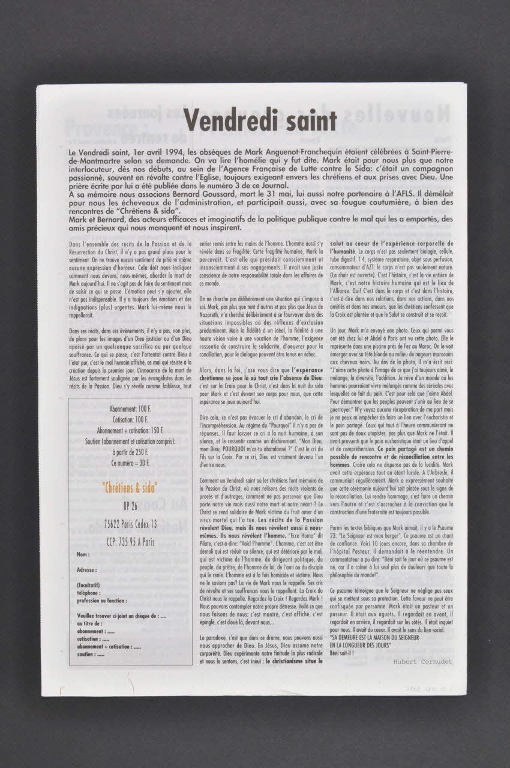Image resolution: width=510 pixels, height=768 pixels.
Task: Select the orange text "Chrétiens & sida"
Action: click(130, 485)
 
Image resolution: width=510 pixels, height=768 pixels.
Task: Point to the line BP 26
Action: click(130, 505)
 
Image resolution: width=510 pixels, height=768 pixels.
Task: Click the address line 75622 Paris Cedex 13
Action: click(130, 524)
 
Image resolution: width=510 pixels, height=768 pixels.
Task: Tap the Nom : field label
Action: click(83, 554)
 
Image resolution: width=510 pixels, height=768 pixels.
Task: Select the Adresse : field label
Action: click(88, 569)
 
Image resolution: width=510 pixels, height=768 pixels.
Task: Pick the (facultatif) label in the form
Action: click(89, 584)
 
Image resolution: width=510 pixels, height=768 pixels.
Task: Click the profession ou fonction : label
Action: click(102, 600)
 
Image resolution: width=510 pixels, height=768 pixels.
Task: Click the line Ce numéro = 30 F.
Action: click(130, 465)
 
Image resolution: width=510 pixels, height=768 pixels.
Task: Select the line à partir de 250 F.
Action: click(130, 455)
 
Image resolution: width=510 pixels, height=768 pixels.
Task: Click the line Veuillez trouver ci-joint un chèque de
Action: click(122, 616)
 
